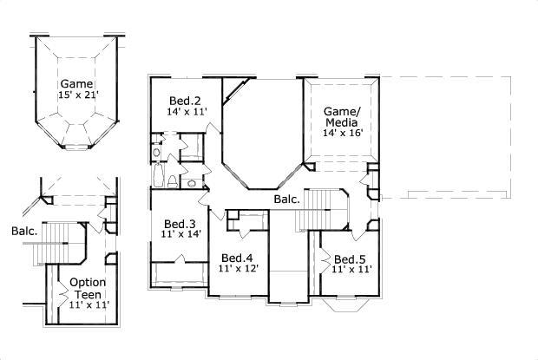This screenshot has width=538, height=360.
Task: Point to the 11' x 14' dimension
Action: click(x=180, y=233)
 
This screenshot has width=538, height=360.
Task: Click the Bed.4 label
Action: click(x=236, y=258)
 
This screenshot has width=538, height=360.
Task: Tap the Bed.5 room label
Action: click(x=350, y=259)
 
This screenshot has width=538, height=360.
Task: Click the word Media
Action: click(x=342, y=123)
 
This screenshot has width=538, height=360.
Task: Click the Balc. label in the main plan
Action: click(x=287, y=200)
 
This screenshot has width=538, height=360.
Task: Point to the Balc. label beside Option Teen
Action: click(x=24, y=232)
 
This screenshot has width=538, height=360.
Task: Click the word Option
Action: click(x=88, y=282)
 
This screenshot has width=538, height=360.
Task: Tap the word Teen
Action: click(x=88, y=293)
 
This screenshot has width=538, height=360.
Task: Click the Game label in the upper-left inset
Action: click(x=75, y=84)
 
